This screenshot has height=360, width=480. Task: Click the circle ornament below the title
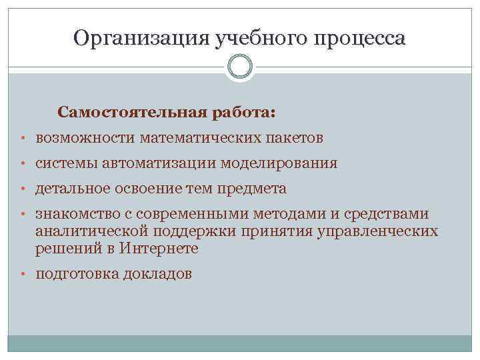pos(240,67)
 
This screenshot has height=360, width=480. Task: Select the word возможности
pos(85,138)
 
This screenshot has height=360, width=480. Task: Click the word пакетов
pos(297,138)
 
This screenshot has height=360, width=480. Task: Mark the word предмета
pos(256,189)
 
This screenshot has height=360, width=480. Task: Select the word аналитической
pos(92,231)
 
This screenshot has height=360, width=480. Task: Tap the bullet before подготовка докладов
pos(23,274)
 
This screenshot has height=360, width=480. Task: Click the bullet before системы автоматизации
pos(23,163)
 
